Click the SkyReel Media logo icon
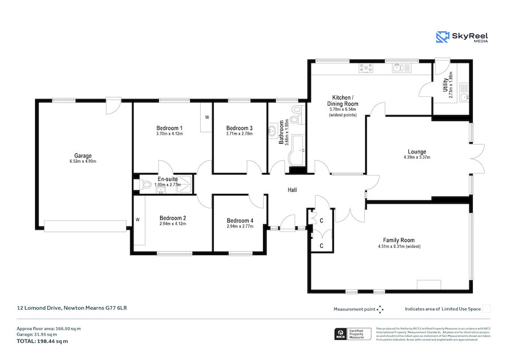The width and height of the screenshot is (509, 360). point(442,37)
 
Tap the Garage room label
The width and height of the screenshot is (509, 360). point(83,156)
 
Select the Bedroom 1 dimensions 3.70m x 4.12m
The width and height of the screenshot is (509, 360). point(169,134)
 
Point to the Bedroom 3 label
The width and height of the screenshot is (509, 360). point(239,128)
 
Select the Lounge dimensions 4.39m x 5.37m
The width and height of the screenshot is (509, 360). point(417,157)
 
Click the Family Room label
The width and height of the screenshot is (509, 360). point(399,240)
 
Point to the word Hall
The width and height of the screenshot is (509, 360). point(292,190)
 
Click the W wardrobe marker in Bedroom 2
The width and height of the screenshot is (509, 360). point(137,219)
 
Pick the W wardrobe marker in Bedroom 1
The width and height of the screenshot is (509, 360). point(206,118)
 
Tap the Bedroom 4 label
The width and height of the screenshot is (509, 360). point(240,220)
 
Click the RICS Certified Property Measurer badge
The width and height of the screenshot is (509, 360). point(353,334)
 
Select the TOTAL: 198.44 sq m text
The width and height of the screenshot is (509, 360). point(42,341)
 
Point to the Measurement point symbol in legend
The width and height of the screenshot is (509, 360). point(380,310)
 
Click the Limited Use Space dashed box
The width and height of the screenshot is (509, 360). point(486,309)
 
